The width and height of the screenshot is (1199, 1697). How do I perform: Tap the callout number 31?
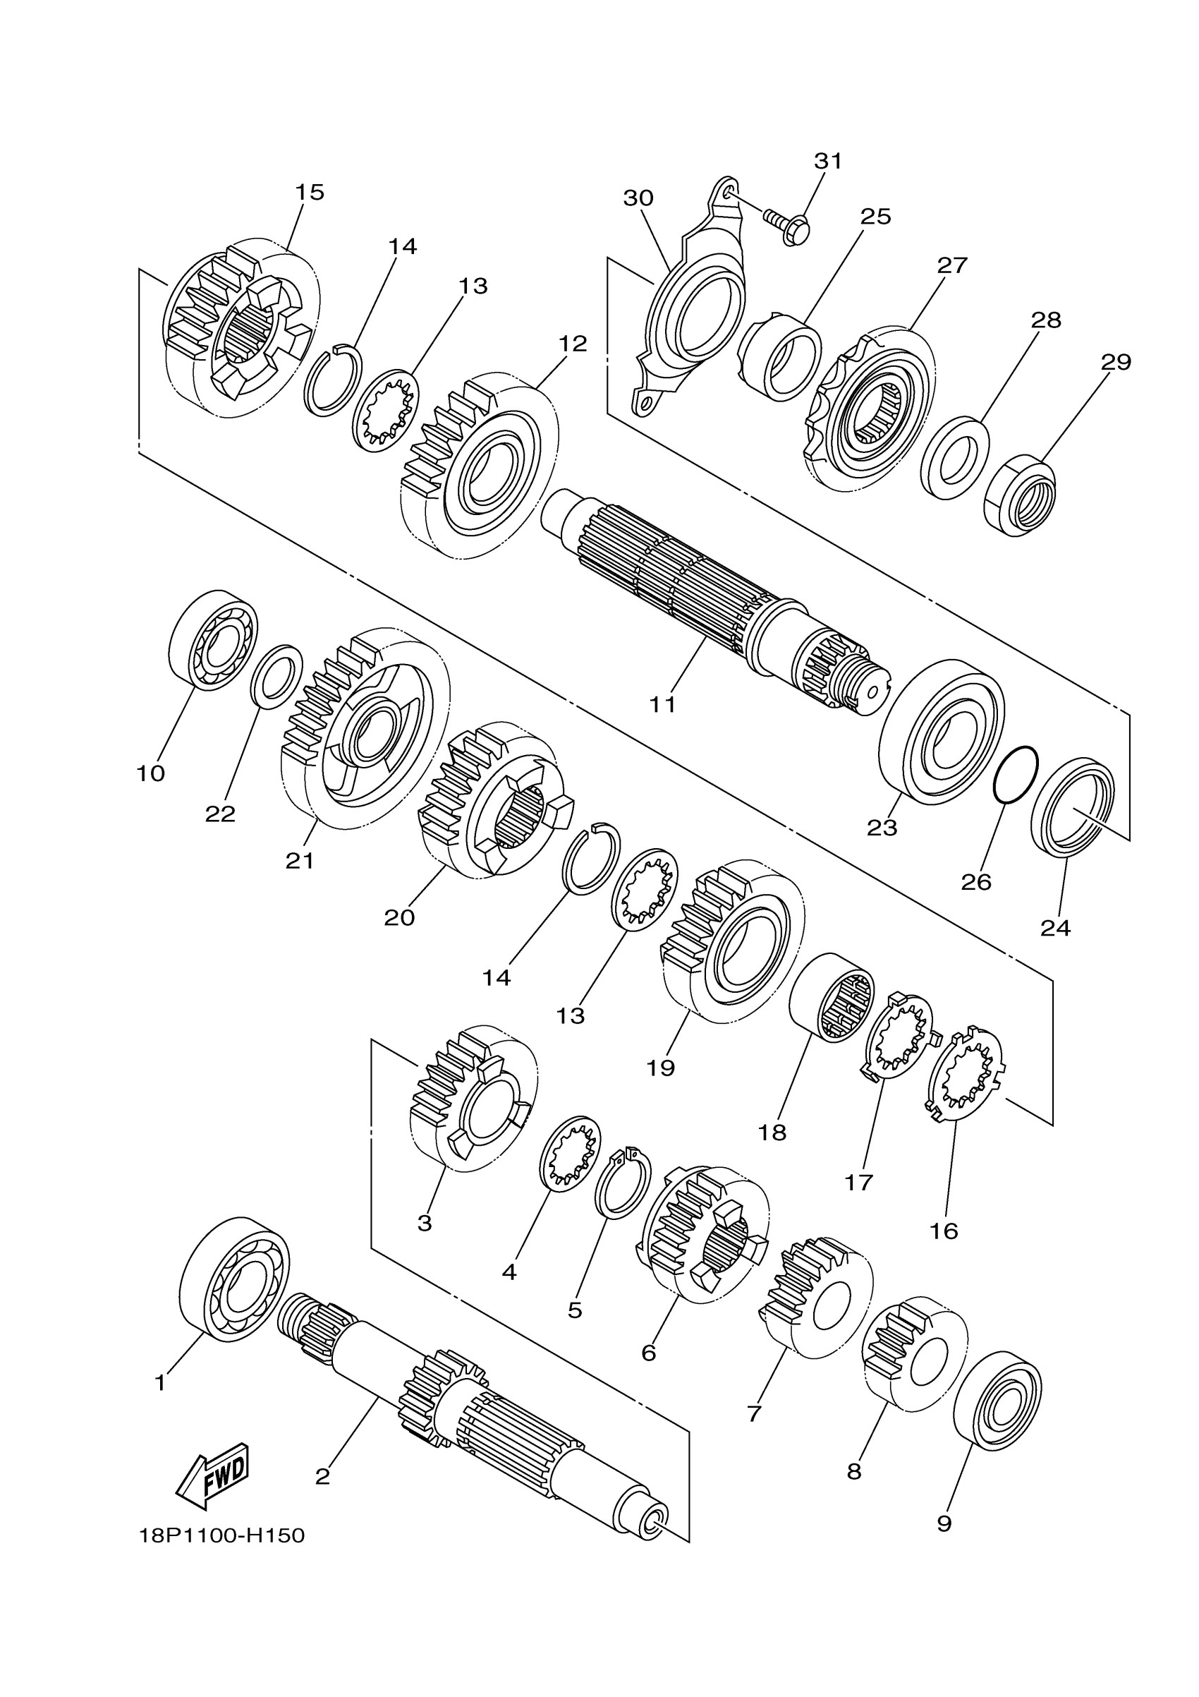point(827,161)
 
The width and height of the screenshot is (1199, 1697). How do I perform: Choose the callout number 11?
point(663,704)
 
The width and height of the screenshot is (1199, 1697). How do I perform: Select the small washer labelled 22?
point(277,675)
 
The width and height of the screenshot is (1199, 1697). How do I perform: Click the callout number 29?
point(1116,362)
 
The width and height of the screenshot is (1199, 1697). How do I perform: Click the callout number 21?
point(300,860)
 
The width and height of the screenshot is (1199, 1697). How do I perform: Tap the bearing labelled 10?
point(214,641)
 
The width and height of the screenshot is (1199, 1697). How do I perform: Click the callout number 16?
point(944,1231)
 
